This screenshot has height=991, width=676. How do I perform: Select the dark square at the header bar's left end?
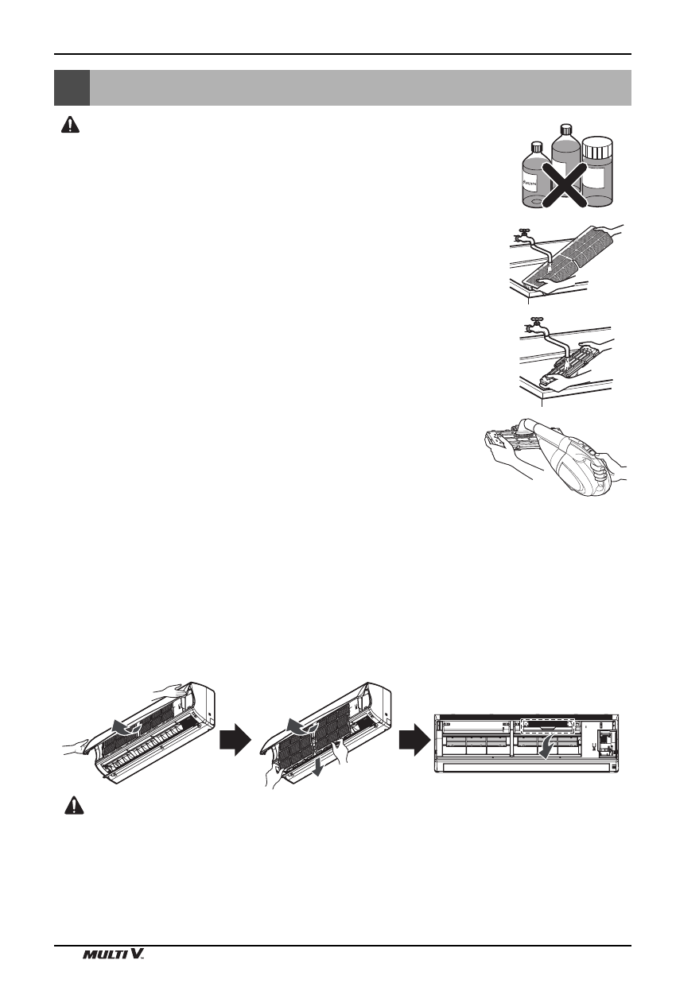pos(72,87)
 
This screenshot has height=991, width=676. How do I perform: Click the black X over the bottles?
pos(566,184)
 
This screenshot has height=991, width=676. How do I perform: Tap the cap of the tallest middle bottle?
pos(566,128)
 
